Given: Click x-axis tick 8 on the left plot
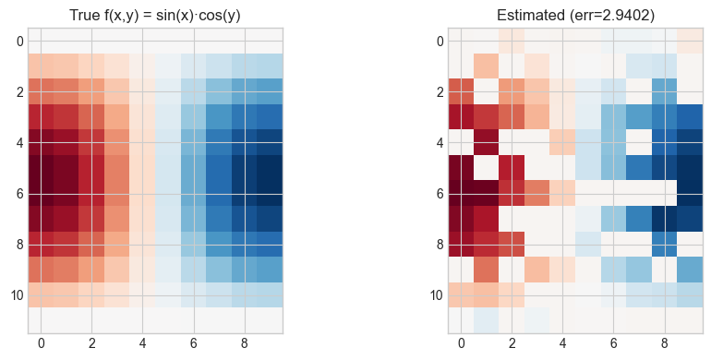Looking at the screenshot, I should [x=244, y=343].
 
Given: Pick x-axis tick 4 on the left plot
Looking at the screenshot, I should [x=142, y=343].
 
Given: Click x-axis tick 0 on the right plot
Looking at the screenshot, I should [x=461, y=343].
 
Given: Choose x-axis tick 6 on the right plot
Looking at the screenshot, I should [x=613, y=343].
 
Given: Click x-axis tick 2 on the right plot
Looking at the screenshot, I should [x=512, y=343].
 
